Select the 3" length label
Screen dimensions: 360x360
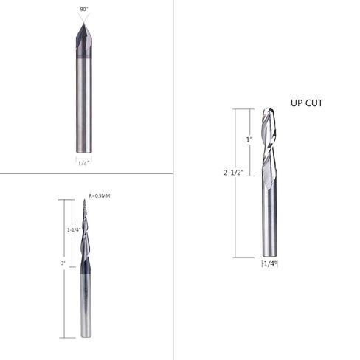[63, 262]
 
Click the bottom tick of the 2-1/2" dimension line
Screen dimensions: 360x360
[236, 256]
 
